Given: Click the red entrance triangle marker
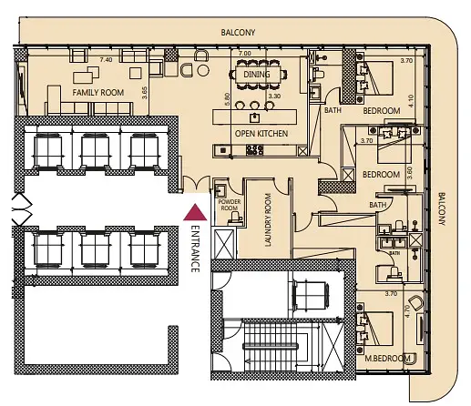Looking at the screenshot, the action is tap(195, 212).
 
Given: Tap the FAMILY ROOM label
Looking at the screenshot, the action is tap(98, 93).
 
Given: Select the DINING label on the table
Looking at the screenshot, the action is tap(257, 75).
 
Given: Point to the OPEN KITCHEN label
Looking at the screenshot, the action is tap(261, 134).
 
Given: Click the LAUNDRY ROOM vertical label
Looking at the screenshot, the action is tap(268, 220).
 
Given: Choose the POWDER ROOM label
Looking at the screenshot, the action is tap(230, 205).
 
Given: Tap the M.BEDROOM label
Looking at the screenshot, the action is tap(387, 359).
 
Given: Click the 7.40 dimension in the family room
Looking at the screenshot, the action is tap(106, 60).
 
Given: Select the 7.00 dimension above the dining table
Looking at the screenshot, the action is tap(245, 54).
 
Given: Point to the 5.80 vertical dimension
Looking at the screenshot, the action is tap(227, 99).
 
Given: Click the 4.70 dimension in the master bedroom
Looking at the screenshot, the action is tap(408, 311).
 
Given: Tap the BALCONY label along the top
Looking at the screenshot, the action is tap(238, 33).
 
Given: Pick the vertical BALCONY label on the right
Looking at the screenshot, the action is tap(442, 208).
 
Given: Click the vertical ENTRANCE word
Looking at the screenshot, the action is tap(195, 249).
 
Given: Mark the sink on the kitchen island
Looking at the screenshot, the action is tap(254, 117).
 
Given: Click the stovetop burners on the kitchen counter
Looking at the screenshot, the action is tap(255, 150).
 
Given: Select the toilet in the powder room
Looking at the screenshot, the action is tap(235, 218).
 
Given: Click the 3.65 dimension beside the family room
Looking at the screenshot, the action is tap(145, 93).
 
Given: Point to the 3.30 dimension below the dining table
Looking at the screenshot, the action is tap(274, 96).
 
